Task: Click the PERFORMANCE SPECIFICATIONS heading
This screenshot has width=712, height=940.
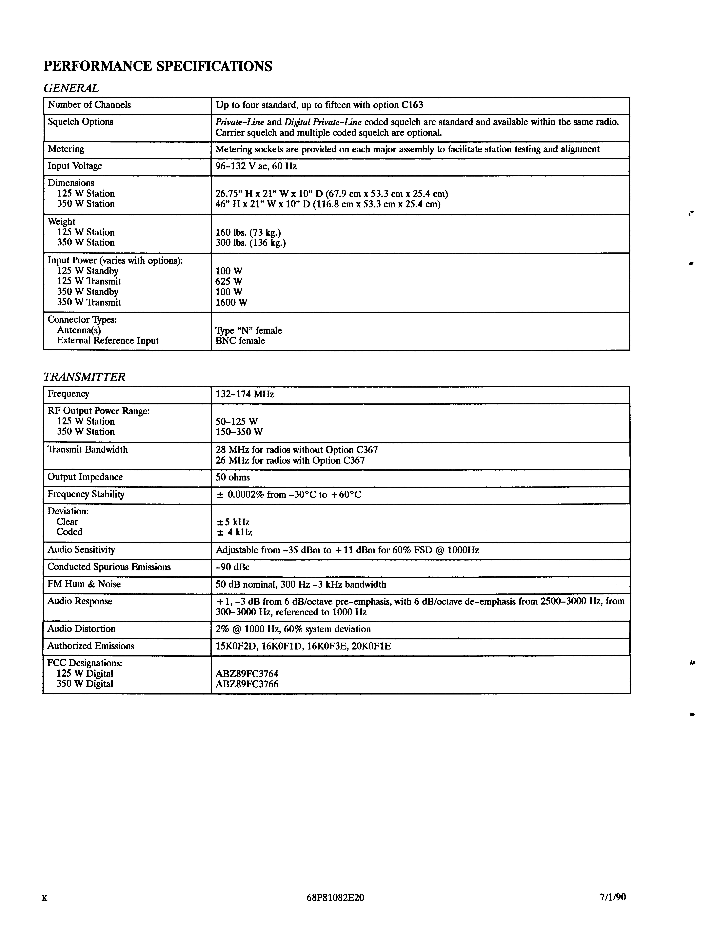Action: (158, 66)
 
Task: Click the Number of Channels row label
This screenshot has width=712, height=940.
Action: (89, 105)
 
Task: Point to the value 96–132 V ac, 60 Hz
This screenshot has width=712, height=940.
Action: (256, 166)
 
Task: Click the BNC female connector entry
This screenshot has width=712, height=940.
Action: (240, 341)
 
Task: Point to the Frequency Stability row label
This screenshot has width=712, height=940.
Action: (86, 494)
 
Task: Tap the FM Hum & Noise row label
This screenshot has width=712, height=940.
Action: (84, 584)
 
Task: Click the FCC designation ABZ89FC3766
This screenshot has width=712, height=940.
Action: (247, 684)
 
